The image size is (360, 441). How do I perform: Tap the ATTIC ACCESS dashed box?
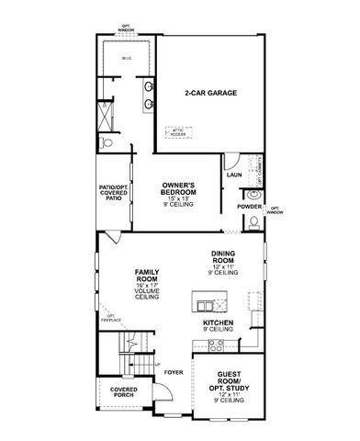pyautogui.click(x=177, y=130)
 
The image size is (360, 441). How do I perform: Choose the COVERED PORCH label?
pyautogui.click(x=125, y=393)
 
